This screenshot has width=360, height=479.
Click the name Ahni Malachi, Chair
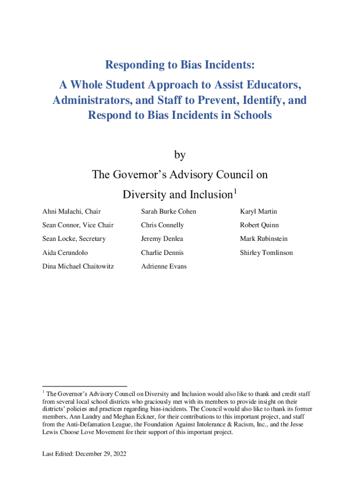[x=72, y=211]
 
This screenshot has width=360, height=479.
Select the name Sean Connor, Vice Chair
[x=78, y=225]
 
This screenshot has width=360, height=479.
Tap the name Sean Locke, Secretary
[x=74, y=239]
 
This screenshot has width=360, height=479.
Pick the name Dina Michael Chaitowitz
[x=78, y=266]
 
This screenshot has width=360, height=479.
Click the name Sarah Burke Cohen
[x=169, y=211]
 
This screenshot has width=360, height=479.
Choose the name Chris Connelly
[x=162, y=225]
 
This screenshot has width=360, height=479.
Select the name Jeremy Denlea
[x=162, y=239]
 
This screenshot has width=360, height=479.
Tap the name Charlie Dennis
[x=162, y=253]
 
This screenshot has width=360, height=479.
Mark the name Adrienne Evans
[x=164, y=266]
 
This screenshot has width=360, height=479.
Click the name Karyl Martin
[x=259, y=211]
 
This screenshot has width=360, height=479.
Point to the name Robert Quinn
[x=259, y=225]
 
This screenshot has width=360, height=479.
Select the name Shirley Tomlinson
[x=266, y=253]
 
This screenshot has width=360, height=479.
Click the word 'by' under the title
[x=180, y=154]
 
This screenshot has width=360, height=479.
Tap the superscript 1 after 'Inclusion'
[x=236, y=191]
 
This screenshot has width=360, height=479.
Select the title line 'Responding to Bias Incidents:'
[x=180, y=64]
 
